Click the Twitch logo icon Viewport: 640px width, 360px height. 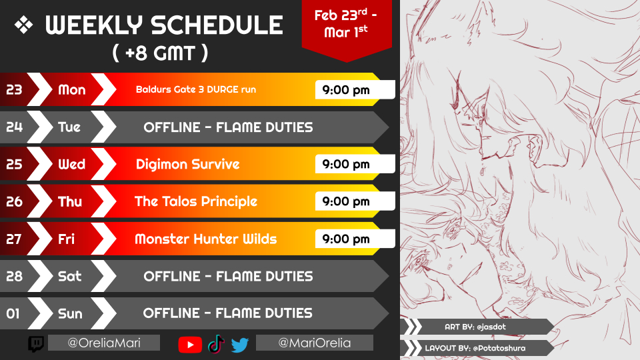[36, 344]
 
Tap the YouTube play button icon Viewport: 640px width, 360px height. [190, 345]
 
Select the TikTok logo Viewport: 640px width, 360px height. [216, 344]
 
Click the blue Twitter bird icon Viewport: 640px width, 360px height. [240, 345]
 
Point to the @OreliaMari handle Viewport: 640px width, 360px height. [104, 343]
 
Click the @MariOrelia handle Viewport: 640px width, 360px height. [314, 343]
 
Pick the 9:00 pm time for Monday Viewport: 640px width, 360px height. [346, 90]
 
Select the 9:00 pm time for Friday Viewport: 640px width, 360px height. [346, 239]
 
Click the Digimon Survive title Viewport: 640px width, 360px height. [188, 164]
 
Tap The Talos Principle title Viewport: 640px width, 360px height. [196, 201]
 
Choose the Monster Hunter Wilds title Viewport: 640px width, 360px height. [206, 239]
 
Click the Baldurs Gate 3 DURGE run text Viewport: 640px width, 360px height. [196, 89]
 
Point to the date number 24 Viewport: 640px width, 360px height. [14, 127]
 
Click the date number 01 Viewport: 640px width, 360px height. [13, 313]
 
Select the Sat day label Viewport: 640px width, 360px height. [70, 276]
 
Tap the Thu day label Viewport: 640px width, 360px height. [70, 201]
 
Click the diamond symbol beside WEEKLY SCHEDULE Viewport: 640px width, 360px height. [24, 25]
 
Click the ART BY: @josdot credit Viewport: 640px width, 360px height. [475, 327]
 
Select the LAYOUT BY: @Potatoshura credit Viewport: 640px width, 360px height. [475, 348]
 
